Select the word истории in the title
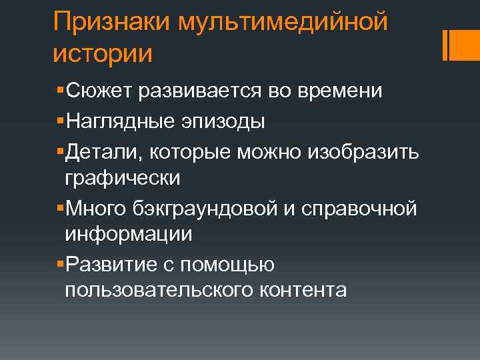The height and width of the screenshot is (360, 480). click(x=103, y=53)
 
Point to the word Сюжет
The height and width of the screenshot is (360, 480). click(x=98, y=91)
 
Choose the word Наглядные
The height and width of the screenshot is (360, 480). click(x=117, y=122)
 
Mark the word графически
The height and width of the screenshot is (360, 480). click(x=123, y=178)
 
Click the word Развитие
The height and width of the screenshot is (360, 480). click(x=109, y=265)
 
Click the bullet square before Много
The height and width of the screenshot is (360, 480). click(x=61, y=209)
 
